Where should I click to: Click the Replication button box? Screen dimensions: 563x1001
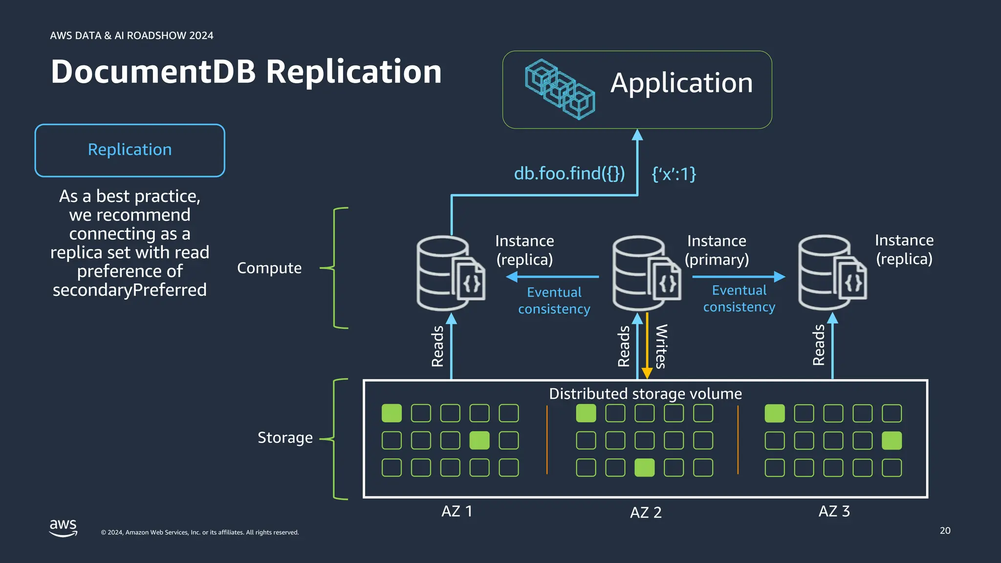click(130, 150)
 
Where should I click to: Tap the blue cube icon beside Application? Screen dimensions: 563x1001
click(559, 89)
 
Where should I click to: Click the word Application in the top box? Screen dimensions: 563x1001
click(681, 83)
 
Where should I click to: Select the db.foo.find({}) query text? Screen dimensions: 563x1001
click(569, 173)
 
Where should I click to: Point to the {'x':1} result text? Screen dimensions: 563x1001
click(674, 174)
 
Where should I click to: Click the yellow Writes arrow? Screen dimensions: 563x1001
click(647, 347)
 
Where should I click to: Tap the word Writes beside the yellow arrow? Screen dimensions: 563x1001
click(661, 346)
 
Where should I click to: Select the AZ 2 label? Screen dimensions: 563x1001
click(645, 513)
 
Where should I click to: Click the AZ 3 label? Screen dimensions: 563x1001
click(834, 511)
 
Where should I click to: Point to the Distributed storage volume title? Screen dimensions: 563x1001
click(645, 394)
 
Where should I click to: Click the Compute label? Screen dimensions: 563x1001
click(269, 268)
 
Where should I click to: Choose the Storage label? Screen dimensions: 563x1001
click(285, 437)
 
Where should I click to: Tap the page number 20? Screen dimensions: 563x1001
click(945, 531)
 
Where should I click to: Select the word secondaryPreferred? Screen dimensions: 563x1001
click(130, 290)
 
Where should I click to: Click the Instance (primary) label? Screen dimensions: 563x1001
click(717, 250)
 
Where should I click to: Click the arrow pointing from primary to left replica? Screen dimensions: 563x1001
click(552, 277)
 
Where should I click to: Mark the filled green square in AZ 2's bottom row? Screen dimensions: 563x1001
click(644, 468)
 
